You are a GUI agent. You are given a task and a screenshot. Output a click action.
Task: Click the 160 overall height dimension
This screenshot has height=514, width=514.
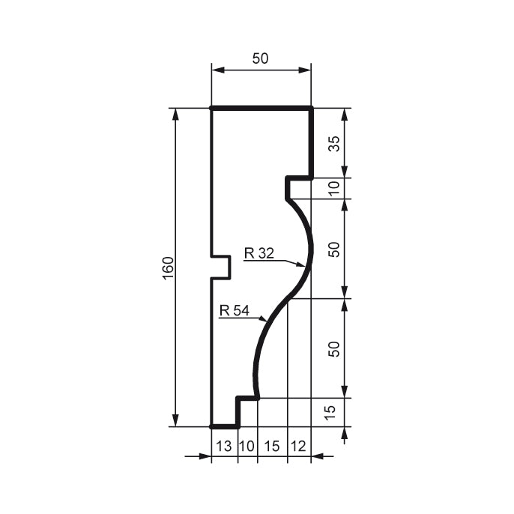click(x=167, y=267)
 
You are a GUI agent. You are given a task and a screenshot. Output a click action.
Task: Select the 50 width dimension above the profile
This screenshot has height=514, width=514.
click(x=260, y=58)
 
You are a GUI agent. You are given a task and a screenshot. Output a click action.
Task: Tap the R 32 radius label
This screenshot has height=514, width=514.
click(x=259, y=253)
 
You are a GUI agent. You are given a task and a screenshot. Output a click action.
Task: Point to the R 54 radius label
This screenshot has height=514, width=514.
click(x=234, y=310)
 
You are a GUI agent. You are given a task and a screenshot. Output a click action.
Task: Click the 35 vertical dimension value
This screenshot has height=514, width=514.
click(x=334, y=143)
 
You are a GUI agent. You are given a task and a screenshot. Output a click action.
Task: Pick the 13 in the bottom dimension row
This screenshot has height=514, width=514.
click(x=224, y=446)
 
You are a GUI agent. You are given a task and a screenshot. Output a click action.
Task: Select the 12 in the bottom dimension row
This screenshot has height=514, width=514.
click(x=298, y=446)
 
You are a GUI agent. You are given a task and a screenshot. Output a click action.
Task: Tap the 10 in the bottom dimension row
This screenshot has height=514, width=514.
click(x=247, y=446)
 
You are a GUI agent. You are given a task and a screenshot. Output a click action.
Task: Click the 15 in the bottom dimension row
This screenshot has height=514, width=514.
click(x=271, y=446)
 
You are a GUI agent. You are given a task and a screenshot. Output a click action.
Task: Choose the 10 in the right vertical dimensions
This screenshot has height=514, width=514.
click(x=334, y=188)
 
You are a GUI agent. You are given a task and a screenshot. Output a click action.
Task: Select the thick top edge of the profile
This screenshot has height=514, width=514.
click(x=261, y=109)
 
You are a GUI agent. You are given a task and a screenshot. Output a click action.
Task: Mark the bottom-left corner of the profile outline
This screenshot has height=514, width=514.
click(x=212, y=426)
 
